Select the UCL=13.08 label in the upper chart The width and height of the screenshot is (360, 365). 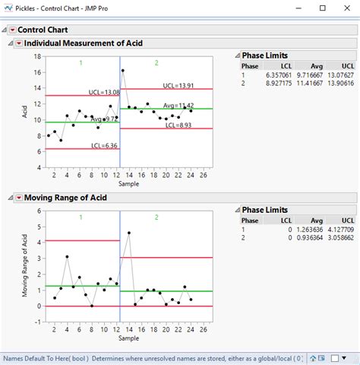point(103,92)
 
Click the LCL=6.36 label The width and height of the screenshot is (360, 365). point(103,145)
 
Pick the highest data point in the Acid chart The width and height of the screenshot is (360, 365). point(123,71)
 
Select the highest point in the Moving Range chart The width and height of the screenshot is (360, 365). point(128,233)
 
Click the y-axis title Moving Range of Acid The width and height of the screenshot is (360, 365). point(27,265)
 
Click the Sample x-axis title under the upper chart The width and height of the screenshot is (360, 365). point(128,184)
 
